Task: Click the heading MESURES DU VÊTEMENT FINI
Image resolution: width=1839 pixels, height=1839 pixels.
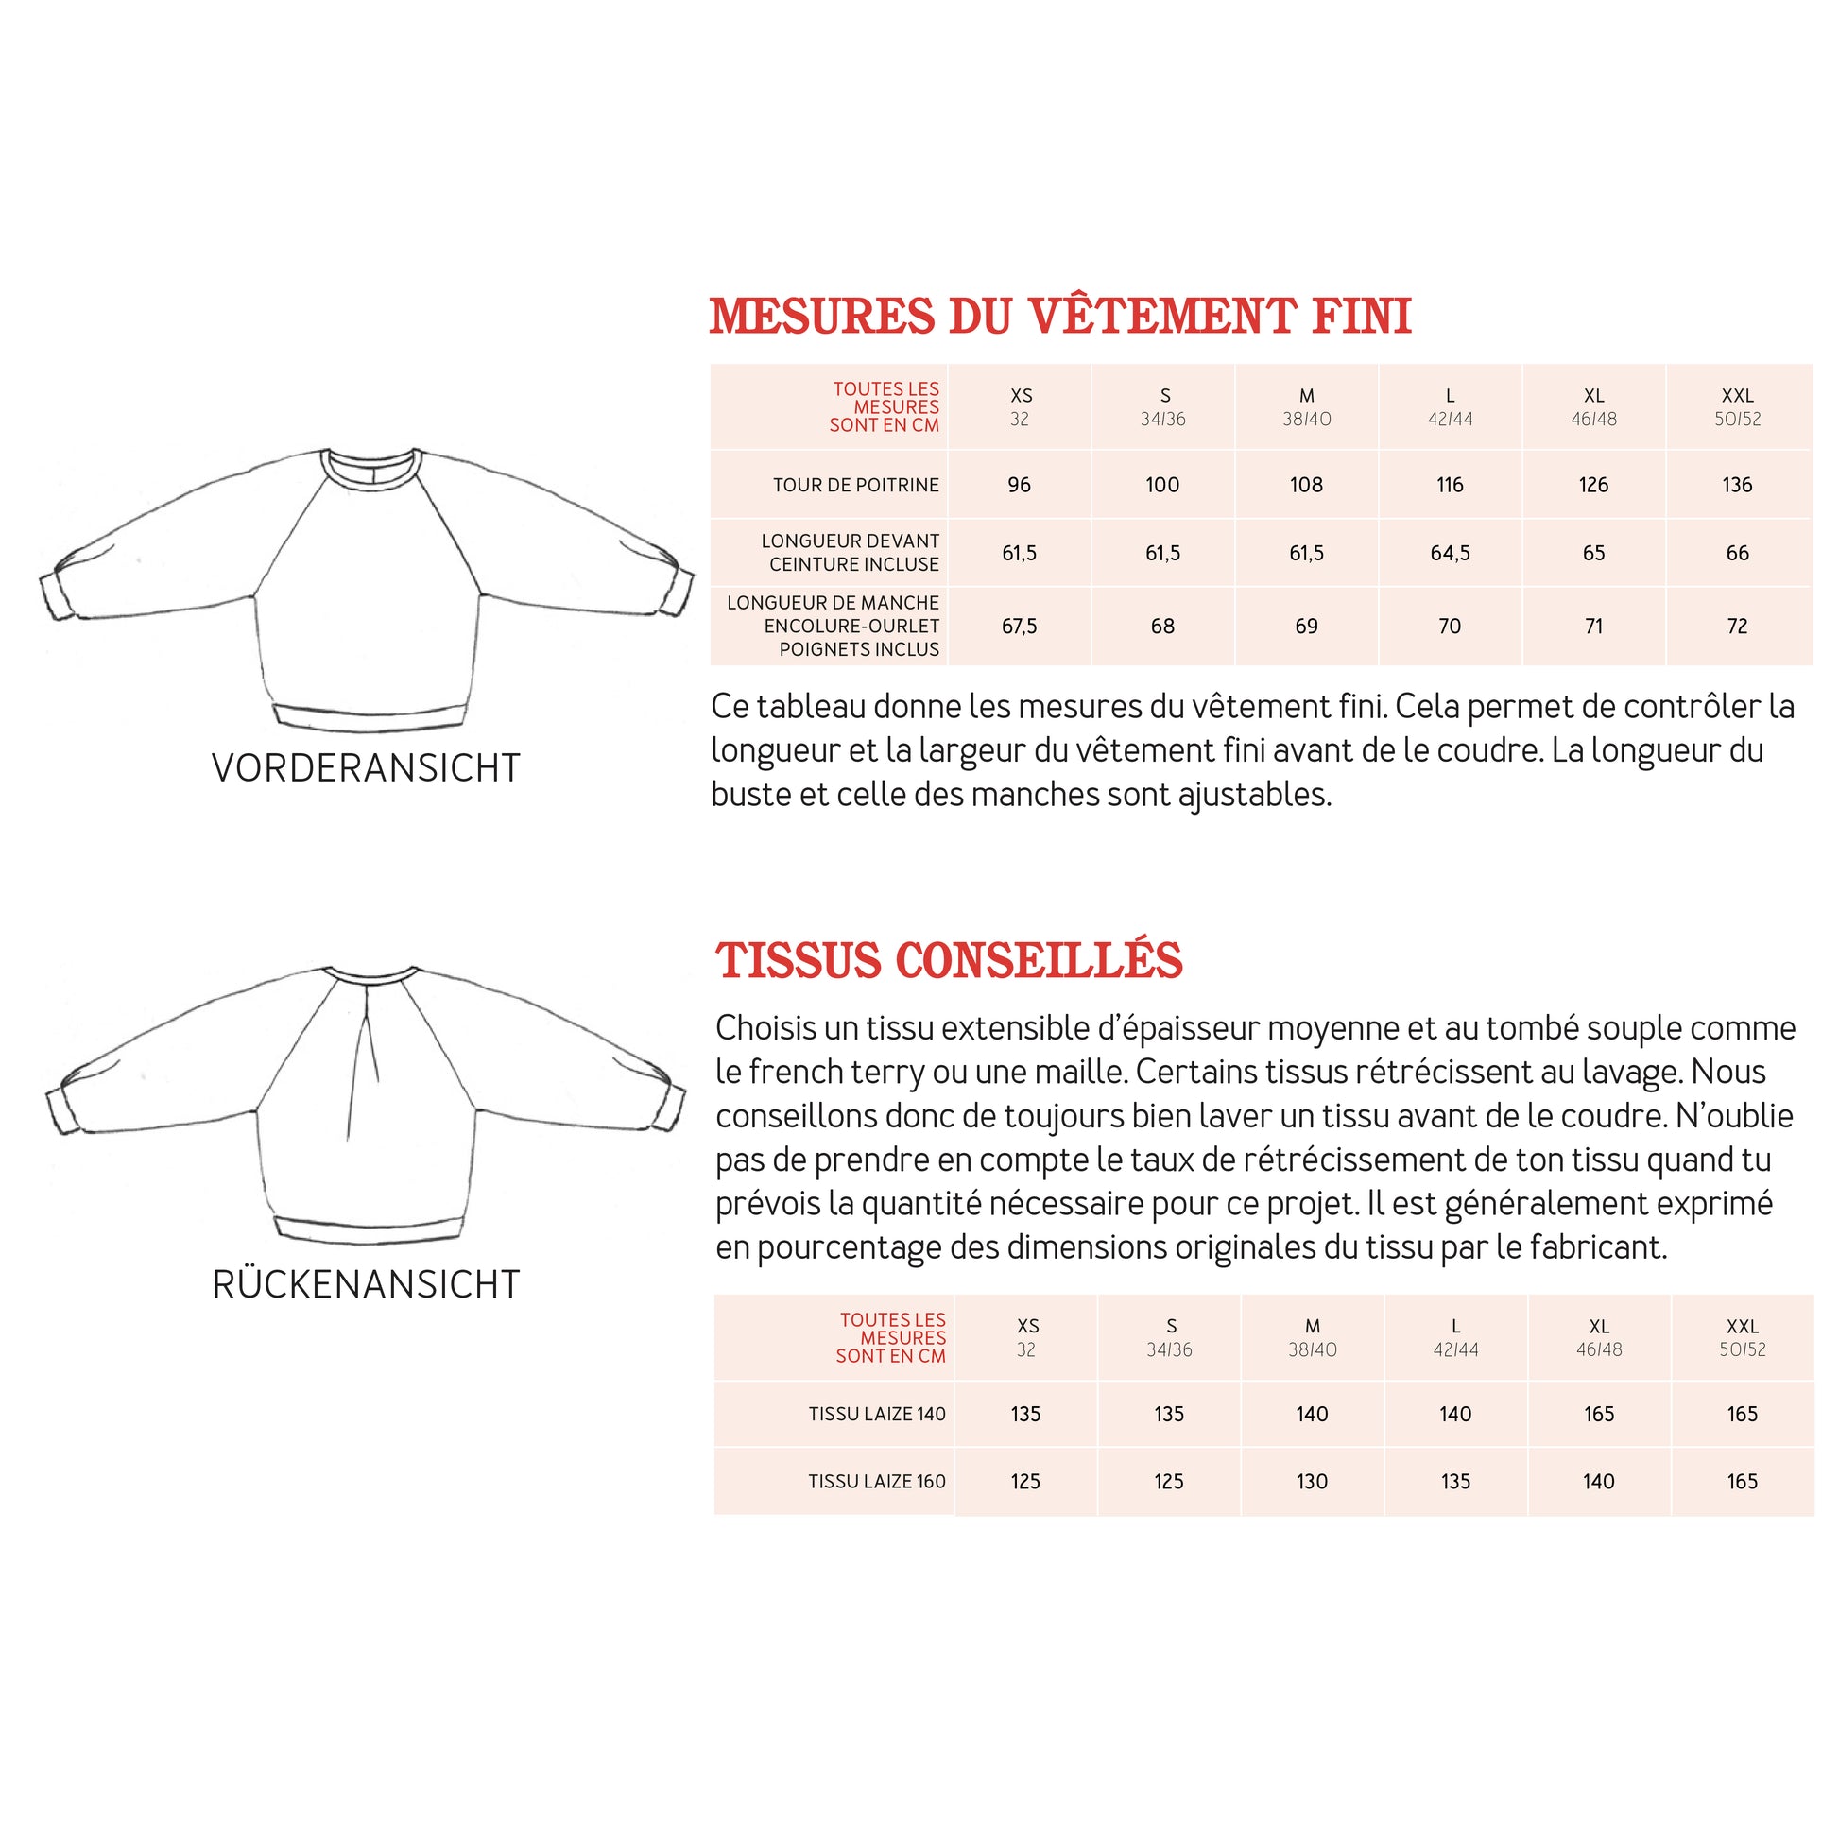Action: point(1059,317)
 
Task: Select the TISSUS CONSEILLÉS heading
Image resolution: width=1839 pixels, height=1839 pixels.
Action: point(949,961)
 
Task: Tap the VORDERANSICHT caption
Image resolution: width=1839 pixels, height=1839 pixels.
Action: point(366,768)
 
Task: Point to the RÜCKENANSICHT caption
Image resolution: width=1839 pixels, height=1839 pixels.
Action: point(366,1285)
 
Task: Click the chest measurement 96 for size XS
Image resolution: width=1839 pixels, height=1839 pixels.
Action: point(1019,486)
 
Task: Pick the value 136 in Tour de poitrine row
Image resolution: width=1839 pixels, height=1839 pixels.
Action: point(1737,486)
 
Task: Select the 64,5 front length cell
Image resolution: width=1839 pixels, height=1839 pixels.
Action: point(1450,553)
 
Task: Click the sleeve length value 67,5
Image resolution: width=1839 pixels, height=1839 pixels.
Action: point(1019,627)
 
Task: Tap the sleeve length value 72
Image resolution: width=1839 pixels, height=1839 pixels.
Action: point(1737,627)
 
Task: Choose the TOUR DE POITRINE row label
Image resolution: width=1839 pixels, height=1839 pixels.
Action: point(855,486)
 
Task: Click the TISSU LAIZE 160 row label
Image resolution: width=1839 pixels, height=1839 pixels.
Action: point(876,1482)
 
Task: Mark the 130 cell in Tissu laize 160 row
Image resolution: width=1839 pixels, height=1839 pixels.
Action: point(1312,1482)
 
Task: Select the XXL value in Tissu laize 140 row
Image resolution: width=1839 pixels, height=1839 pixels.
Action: point(1742,1415)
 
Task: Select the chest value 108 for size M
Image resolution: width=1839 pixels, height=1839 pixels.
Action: point(1306,486)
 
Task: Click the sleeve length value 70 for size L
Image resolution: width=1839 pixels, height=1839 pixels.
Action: point(1450,627)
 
